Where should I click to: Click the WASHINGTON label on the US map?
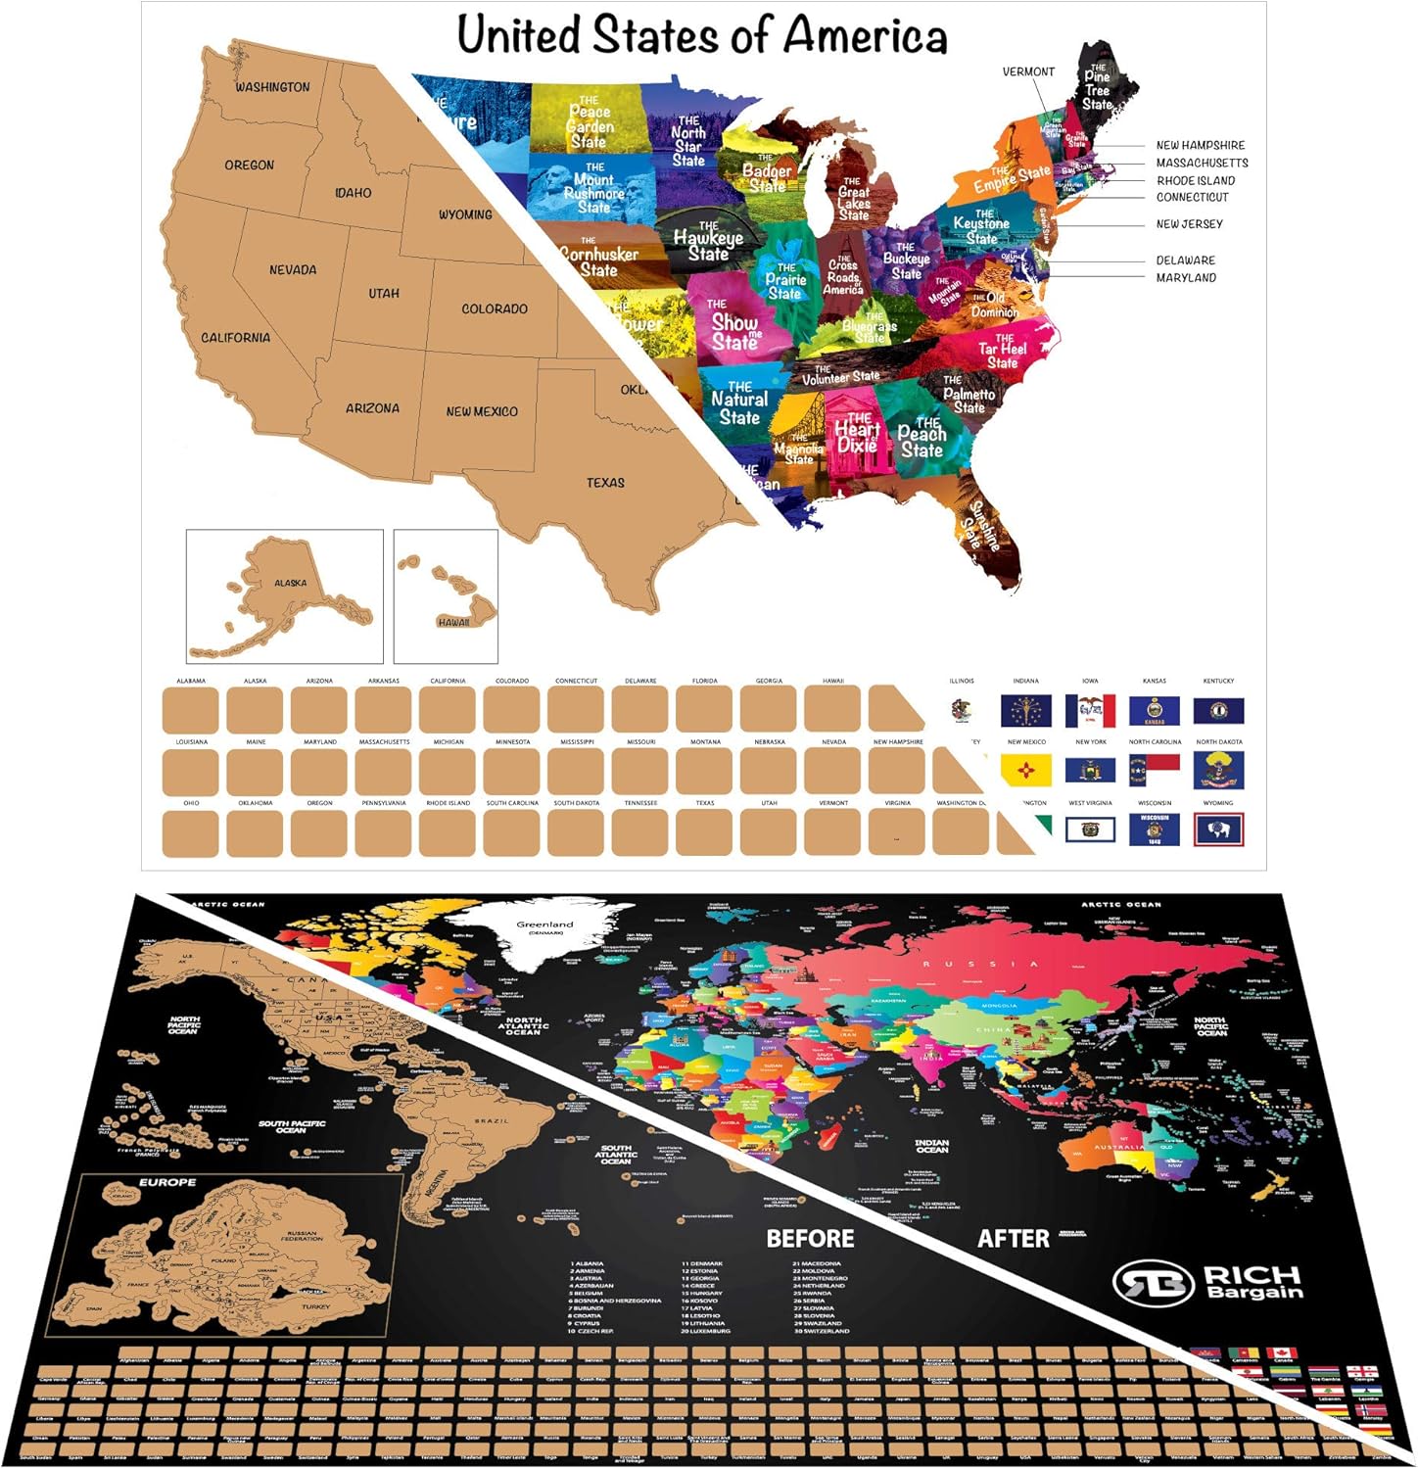272,87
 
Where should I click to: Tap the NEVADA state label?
293,269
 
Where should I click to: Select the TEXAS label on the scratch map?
605,482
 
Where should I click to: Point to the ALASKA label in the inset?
290,583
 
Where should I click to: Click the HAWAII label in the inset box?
453,622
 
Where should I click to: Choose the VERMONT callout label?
1028,71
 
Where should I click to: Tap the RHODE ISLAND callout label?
1196,180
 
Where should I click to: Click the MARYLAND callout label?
1186,277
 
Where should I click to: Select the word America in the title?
864,36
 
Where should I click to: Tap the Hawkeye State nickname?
708,240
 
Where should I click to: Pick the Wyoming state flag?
1218,829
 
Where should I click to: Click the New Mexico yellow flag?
1026,770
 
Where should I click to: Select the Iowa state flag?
1090,710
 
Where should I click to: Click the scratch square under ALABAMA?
191,710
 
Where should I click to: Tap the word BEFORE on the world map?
810,1239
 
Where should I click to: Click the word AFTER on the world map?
1014,1239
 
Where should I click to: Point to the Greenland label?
545,924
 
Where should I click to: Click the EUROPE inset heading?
167,1182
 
